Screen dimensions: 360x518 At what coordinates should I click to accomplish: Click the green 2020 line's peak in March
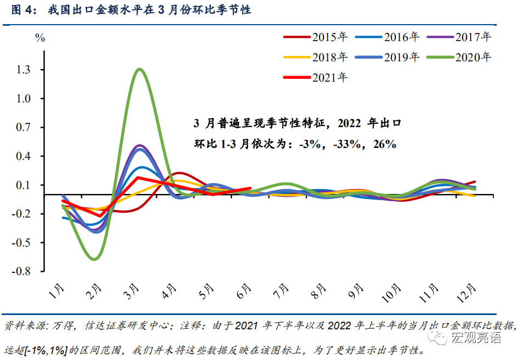(140, 69)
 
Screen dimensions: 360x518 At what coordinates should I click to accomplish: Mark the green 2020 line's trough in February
(95, 259)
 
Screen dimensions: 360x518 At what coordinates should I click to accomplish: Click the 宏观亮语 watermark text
(476, 338)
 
